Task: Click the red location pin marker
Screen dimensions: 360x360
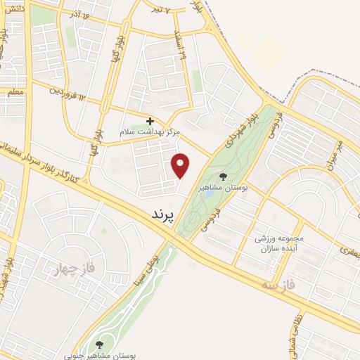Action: [x=181, y=164]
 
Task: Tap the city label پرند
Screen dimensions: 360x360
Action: [x=162, y=214]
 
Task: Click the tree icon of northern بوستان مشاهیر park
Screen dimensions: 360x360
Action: [x=224, y=176]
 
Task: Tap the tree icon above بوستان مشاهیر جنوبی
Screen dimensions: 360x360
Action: [x=98, y=344]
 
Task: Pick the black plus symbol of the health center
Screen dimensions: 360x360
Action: [x=150, y=121]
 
